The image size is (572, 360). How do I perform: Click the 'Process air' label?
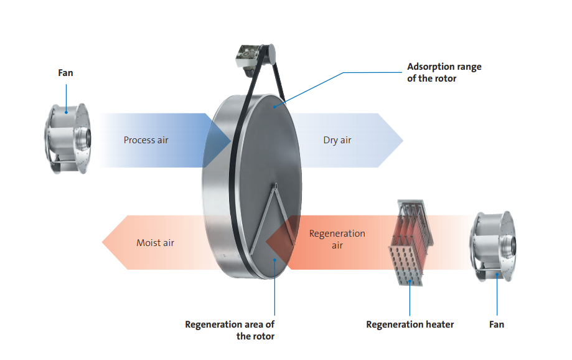pyautogui.click(x=146, y=140)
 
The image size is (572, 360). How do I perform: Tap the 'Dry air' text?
pyautogui.click(x=337, y=140)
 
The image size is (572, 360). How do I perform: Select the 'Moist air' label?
pyautogui.click(x=155, y=243)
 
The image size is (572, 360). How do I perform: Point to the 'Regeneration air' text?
pyautogui.click(x=337, y=239)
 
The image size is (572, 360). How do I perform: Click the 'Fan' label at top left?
pyautogui.click(x=65, y=73)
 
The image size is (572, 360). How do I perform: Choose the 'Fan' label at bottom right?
pyautogui.click(x=496, y=324)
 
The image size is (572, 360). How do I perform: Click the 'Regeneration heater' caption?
pyautogui.click(x=410, y=324)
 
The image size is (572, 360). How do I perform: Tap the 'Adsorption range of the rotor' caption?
pyautogui.click(x=444, y=72)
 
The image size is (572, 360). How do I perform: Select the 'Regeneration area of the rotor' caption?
pyautogui.click(x=230, y=330)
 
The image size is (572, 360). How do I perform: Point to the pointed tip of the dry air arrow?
pyautogui.click(x=403, y=140)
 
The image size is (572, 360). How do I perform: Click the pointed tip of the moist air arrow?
pyautogui.click(x=103, y=242)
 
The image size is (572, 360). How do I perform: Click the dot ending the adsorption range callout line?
pyautogui.click(x=273, y=107)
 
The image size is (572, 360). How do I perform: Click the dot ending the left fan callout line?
pyautogui.click(x=65, y=112)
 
